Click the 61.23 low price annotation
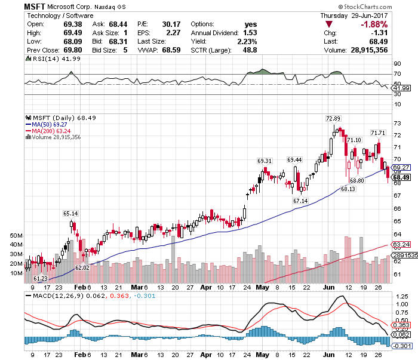(41, 279)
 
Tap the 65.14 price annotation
(70, 213)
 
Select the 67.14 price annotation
(300, 201)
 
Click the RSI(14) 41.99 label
(47, 60)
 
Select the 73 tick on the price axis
(397, 123)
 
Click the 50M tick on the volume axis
(17, 236)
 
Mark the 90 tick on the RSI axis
(397, 63)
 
